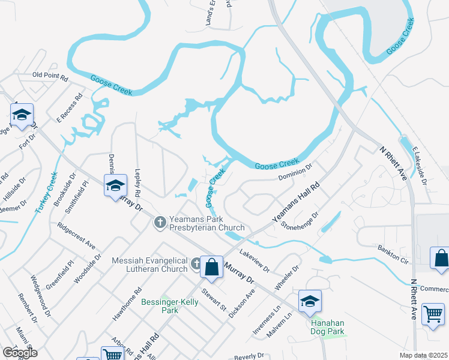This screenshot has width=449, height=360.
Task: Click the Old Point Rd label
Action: [x=50, y=76]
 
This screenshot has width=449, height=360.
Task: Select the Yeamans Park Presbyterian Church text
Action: [x=207, y=224]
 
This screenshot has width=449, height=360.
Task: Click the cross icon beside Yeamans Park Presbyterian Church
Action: [x=160, y=223]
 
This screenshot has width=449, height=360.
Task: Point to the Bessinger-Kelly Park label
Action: [x=169, y=306]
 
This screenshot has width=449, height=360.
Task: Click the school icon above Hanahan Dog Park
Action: [x=310, y=301]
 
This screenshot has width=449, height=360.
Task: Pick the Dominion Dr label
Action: [x=296, y=173]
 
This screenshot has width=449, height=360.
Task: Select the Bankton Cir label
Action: [x=393, y=253]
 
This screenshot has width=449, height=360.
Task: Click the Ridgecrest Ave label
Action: [x=76, y=236]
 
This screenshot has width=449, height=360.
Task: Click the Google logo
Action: [x=20, y=352]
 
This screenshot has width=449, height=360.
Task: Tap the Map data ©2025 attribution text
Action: [x=423, y=355]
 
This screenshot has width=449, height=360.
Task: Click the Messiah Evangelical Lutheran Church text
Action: [x=150, y=265]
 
